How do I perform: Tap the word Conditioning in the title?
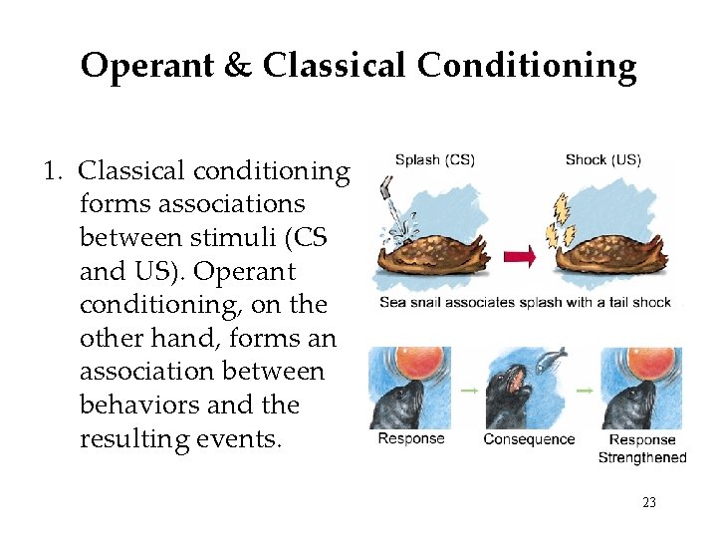click(x=527, y=67)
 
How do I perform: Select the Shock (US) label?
click(x=603, y=159)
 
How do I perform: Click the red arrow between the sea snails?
click(x=519, y=257)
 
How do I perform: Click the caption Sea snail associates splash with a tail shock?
click(x=525, y=302)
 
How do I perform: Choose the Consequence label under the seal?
click(x=529, y=439)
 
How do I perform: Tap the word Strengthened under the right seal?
click(x=642, y=457)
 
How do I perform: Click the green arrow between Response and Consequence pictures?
click(x=468, y=391)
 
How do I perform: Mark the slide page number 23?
click(x=649, y=503)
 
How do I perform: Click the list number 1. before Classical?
click(x=55, y=171)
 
